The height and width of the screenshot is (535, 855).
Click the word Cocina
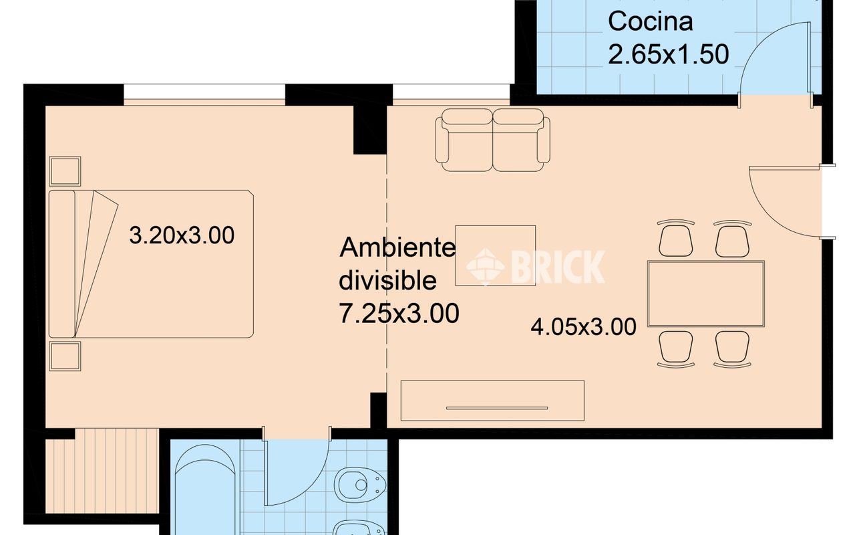641,21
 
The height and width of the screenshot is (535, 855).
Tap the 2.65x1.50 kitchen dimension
668,54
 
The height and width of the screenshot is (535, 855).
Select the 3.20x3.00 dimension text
182,235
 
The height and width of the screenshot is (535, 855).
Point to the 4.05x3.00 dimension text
583,327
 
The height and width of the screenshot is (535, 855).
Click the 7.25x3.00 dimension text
399,313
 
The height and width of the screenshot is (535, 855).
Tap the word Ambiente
398,248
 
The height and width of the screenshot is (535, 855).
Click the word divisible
387,281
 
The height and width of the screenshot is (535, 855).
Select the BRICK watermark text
558,266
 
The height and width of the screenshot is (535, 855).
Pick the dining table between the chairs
705,294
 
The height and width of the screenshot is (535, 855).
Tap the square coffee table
495,255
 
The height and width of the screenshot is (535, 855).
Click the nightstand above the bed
65,171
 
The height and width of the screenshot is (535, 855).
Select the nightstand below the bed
65,356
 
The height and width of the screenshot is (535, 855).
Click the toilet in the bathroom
361,483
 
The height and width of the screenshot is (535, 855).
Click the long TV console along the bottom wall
492,400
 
